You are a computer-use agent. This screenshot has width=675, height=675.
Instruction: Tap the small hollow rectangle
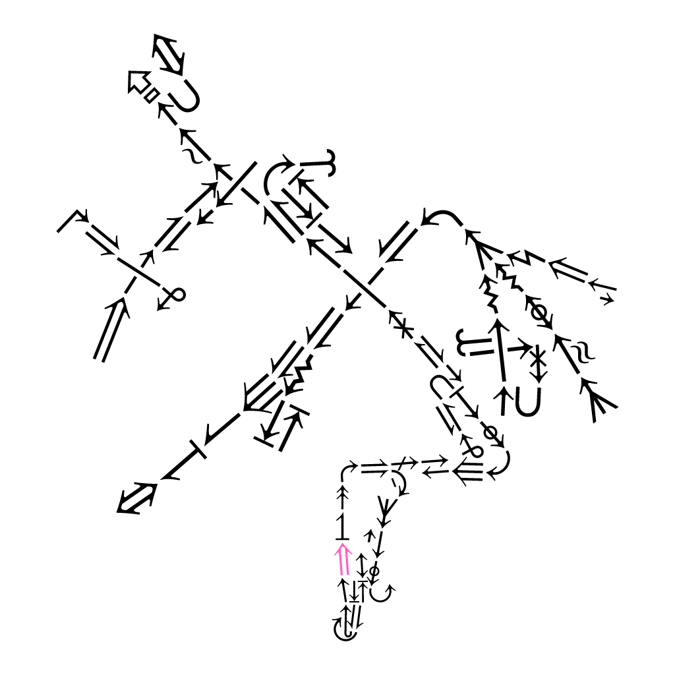click(151, 94)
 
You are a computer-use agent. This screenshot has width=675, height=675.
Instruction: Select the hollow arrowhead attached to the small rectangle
click(137, 82)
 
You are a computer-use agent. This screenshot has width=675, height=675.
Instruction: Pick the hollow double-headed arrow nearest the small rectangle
click(168, 54)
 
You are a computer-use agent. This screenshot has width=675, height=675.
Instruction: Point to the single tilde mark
click(189, 156)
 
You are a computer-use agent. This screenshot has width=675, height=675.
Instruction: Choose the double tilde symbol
click(581, 351)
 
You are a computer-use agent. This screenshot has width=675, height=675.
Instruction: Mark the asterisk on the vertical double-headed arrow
click(539, 362)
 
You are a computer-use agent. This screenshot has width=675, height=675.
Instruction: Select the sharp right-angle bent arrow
click(73, 220)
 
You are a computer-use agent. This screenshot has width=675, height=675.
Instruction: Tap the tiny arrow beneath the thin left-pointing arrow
click(606, 300)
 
